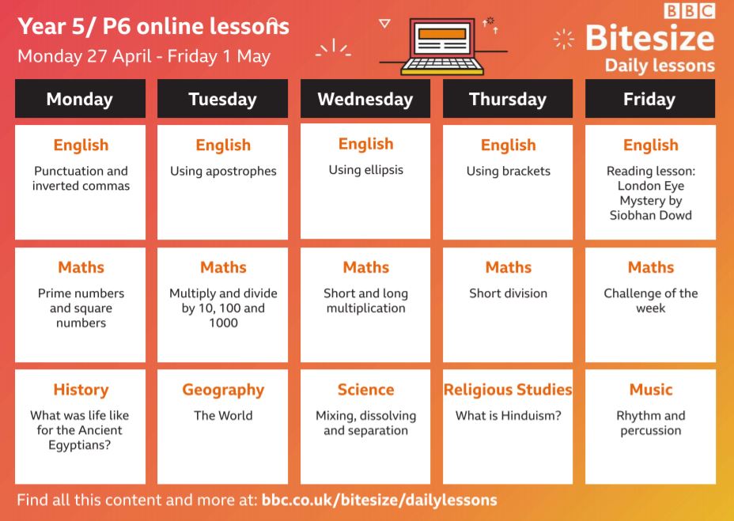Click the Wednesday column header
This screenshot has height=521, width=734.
coord(365,99)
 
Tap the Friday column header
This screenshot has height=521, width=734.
coord(649,99)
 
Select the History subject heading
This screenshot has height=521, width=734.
coord(81,390)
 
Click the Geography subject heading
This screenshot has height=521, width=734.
coord(223,390)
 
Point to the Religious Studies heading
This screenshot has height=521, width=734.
coord(508,390)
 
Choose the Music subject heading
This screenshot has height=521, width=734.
coord(651,390)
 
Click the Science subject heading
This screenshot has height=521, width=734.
coord(365,390)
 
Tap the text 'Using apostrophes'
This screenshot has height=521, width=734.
coord(223,172)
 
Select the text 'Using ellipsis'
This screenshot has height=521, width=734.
coord(365,170)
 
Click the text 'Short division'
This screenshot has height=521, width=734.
coord(508,293)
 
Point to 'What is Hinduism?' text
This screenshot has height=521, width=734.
coord(508,415)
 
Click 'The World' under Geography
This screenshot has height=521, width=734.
coord(223,415)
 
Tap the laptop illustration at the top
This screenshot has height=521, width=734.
coord(442,47)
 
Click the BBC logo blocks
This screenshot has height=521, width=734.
coord(689,10)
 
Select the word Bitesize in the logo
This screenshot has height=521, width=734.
coord(649,38)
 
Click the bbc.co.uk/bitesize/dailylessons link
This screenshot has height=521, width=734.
coord(379,500)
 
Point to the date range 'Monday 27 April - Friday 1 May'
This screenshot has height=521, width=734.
coord(144,57)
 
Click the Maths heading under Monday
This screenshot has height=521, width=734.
coord(81,267)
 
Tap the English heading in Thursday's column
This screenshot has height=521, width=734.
coord(508,145)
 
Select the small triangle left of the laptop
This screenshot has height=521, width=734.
coord(384,24)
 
